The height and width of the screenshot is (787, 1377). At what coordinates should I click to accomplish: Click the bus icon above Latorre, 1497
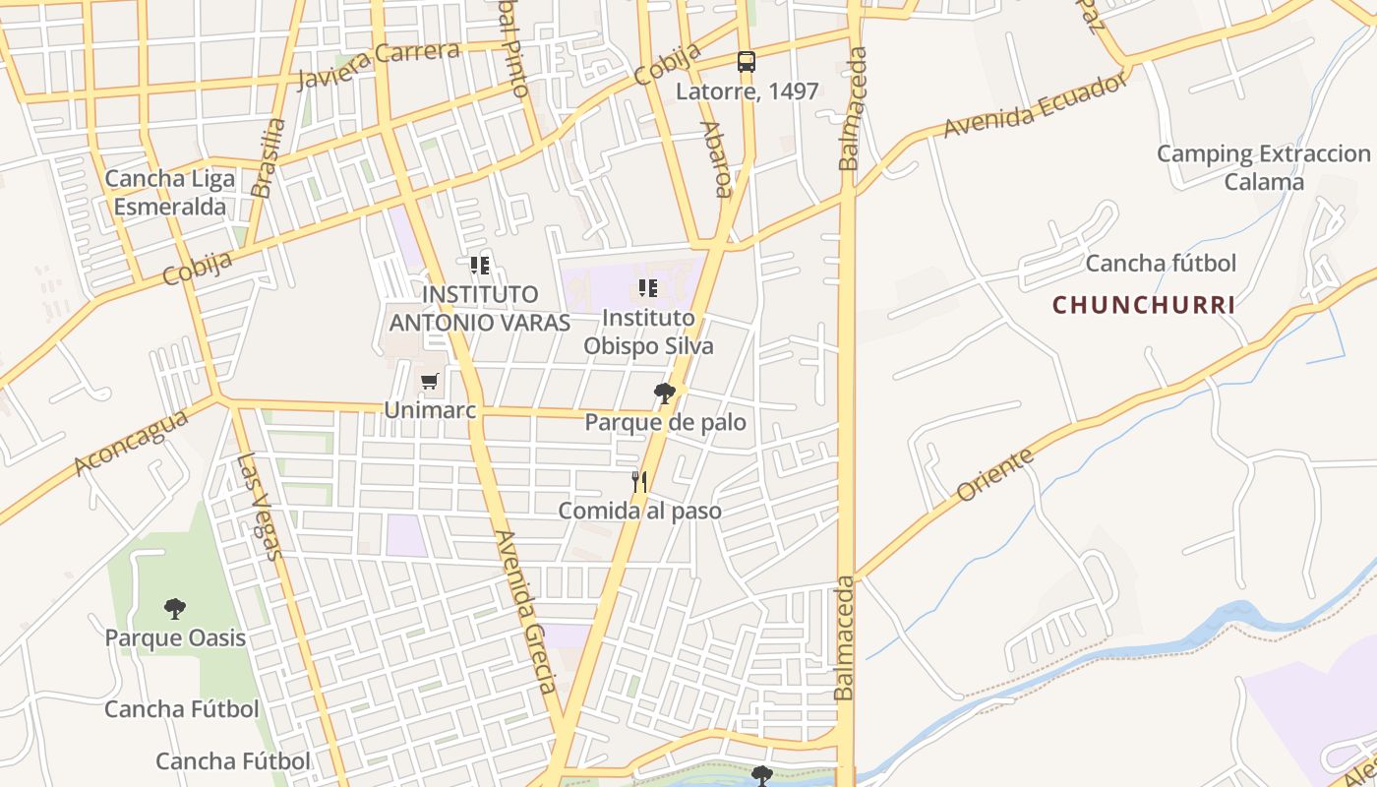coord(747,62)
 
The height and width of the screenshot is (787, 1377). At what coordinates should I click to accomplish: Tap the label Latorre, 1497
coord(747,91)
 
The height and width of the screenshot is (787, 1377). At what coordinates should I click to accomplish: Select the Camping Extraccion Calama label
coord(1264,168)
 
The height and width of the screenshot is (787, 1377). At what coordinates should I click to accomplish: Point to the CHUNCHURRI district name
coord(1144,305)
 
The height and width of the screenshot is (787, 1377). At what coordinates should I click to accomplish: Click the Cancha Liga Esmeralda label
coord(170,193)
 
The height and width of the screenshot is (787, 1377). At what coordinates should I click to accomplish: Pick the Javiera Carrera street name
coord(378,65)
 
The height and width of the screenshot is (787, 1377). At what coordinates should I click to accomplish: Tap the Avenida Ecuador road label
coord(1035,106)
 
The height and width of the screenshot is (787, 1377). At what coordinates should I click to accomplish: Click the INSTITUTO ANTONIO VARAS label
coord(480,308)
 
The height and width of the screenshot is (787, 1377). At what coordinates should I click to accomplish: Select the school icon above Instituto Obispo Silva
coord(648,288)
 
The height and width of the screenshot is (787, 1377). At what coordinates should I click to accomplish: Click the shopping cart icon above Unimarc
coord(429,382)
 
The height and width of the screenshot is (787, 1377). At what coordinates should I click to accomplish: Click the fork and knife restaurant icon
coord(639,482)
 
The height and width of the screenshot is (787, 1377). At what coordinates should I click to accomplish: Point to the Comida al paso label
coord(639,512)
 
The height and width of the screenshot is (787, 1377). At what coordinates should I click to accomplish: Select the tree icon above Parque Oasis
coord(175,609)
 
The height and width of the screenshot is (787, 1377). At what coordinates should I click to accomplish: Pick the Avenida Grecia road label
coord(526,612)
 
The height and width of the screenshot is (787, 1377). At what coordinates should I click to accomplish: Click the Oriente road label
coord(994,474)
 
